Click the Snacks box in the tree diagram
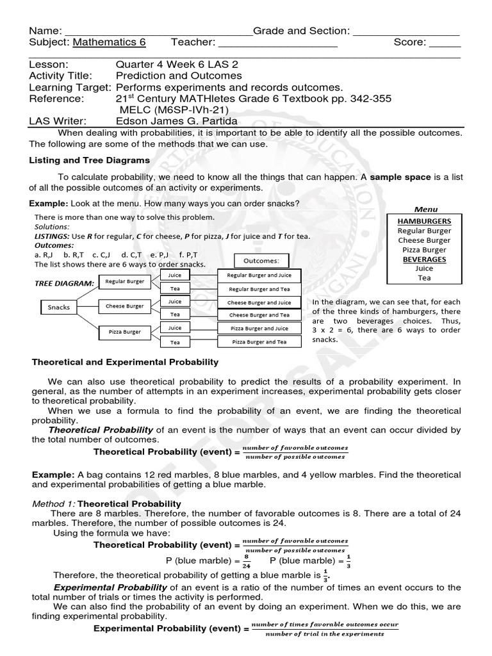click(59, 307)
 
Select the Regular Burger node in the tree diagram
click(124, 281)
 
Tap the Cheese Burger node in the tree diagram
click(124, 306)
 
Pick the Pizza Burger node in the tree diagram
click(124, 332)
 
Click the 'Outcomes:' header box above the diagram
click(262, 261)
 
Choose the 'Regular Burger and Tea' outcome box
click(260, 289)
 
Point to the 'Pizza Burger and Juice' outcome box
click(260, 328)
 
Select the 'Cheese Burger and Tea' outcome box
click(260, 315)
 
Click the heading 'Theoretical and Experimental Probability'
click(126, 362)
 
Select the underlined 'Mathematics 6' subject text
click(110, 42)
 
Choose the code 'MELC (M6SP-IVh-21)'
click(167, 109)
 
